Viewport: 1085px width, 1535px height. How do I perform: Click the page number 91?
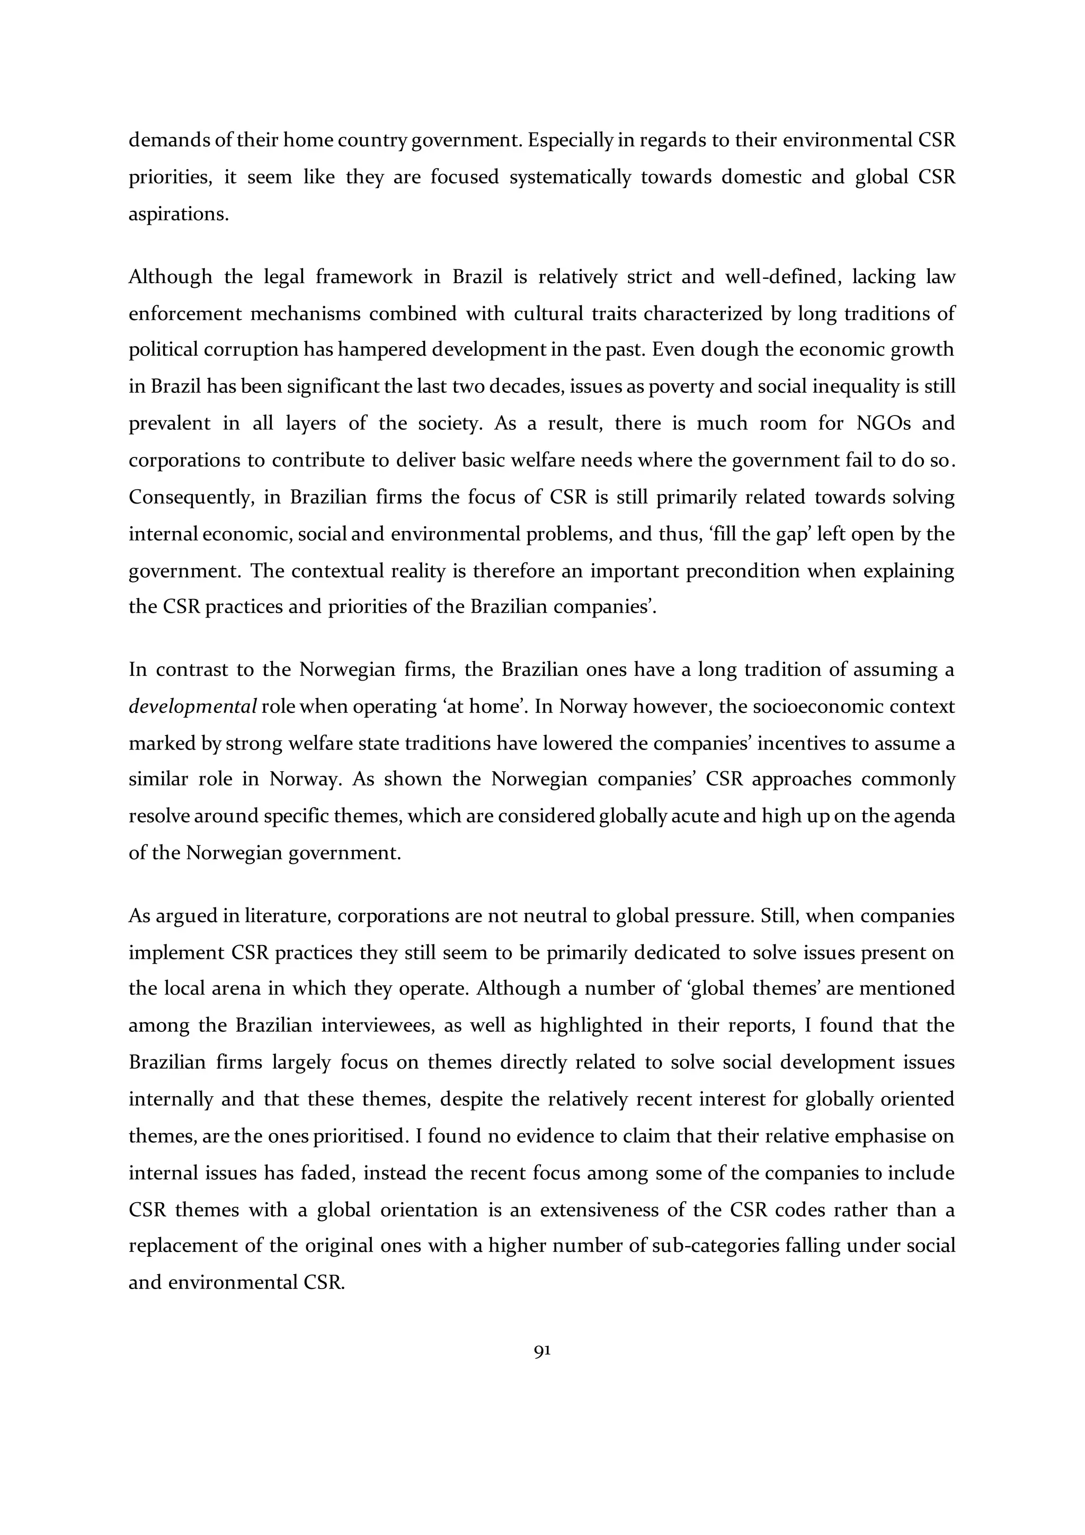point(542,1351)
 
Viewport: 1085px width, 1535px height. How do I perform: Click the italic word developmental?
point(192,707)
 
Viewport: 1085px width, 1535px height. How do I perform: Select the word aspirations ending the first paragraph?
point(179,214)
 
